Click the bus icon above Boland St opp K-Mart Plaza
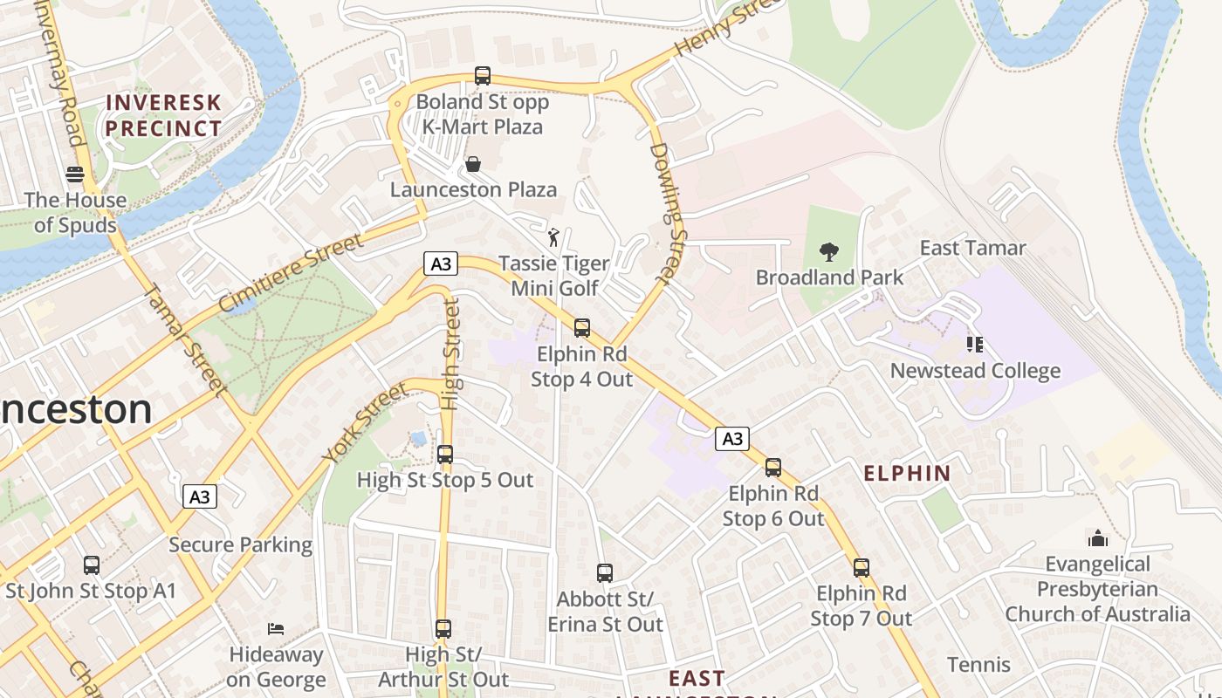tap(483, 76)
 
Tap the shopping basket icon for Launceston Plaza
tap(473, 164)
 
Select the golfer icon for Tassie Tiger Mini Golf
tap(553, 236)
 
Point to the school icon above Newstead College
tap(975, 345)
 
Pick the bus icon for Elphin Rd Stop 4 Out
tap(582, 329)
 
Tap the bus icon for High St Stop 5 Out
tap(445, 455)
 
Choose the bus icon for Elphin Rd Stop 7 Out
tap(862, 568)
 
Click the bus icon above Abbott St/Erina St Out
tap(605, 573)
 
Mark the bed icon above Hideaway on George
tap(276, 629)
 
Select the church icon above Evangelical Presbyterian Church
tap(1098, 538)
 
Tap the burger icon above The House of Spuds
tap(75, 174)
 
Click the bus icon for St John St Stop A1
tap(92, 565)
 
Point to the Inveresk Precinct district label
tap(163, 115)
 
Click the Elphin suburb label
tap(907, 474)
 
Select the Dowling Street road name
tap(669, 214)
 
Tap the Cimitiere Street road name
tap(291, 272)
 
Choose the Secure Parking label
tap(240, 545)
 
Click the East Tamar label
tap(973, 248)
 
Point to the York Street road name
tap(364, 423)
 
